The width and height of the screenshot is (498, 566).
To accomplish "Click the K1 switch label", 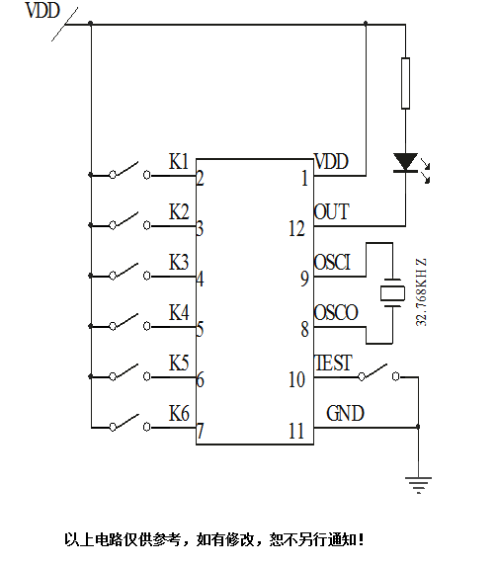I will [x=178, y=161].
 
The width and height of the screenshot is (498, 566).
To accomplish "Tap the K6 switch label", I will [x=178, y=412].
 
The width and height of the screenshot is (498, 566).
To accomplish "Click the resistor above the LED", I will [x=405, y=83].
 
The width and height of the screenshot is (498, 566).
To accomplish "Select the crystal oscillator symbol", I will [x=393, y=293].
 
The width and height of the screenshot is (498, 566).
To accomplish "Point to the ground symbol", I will [x=418, y=483].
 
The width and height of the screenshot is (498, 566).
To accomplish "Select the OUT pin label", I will [x=330, y=211].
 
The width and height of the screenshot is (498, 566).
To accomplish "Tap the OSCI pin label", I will [x=332, y=261].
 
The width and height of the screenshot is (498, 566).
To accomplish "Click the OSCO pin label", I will [x=335, y=312].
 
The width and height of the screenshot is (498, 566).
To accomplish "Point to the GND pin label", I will [x=344, y=413].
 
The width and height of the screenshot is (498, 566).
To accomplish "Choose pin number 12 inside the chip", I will [x=297, y=229].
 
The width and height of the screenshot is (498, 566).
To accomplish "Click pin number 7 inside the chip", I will [x=201, y=431].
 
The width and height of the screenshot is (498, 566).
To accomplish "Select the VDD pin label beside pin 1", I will [x=331, y=161].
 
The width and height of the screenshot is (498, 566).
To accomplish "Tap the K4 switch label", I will [x=178, y=312].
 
